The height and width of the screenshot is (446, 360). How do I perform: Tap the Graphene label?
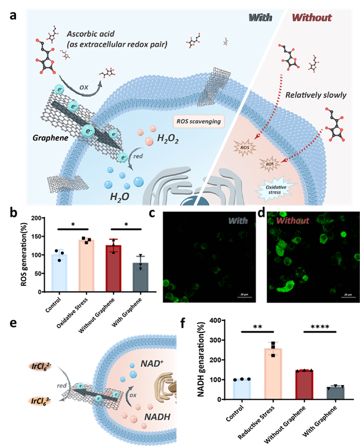[49, 138]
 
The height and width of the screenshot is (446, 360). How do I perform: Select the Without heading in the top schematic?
[312, 18]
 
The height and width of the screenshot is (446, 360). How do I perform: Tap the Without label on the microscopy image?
[292, 220]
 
